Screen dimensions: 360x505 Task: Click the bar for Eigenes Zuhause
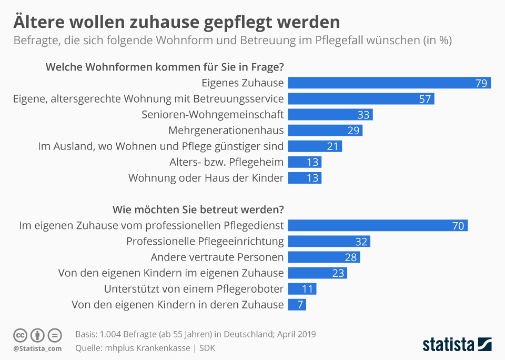coord(389,83)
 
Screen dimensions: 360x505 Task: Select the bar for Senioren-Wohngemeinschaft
coord(330,115)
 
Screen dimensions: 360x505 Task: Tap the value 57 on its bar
coord(425,99)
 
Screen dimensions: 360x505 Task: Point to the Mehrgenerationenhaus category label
coord(226,131)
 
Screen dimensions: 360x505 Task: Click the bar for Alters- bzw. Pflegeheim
coord(305,162)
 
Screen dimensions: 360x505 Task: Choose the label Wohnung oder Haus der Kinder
coord(206,178)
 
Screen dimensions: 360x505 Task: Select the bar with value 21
coord(315,146)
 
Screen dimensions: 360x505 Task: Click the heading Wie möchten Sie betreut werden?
coord(198,209)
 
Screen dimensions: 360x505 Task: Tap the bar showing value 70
coord(378,226)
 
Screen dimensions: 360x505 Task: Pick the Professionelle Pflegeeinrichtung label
coord(205,242)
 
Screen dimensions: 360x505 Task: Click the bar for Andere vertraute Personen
coord(324,257)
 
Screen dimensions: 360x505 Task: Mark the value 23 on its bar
coord(338,273)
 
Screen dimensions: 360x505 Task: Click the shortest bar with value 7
coord(297,305)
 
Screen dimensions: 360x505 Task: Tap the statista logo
coord(457,344)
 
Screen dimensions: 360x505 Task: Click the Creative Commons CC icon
coord(20,335)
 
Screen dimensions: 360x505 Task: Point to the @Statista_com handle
coord(37,348)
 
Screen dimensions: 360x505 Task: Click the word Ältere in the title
coord(43,22)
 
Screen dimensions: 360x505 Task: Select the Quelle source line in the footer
coord(145,348)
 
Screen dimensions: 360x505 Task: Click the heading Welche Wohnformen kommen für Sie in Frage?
coord(165,67)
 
